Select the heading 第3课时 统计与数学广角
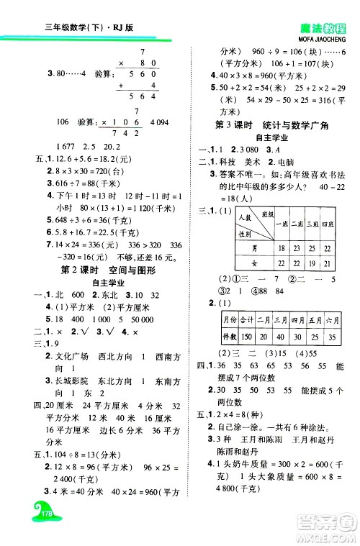coord(272,125)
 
